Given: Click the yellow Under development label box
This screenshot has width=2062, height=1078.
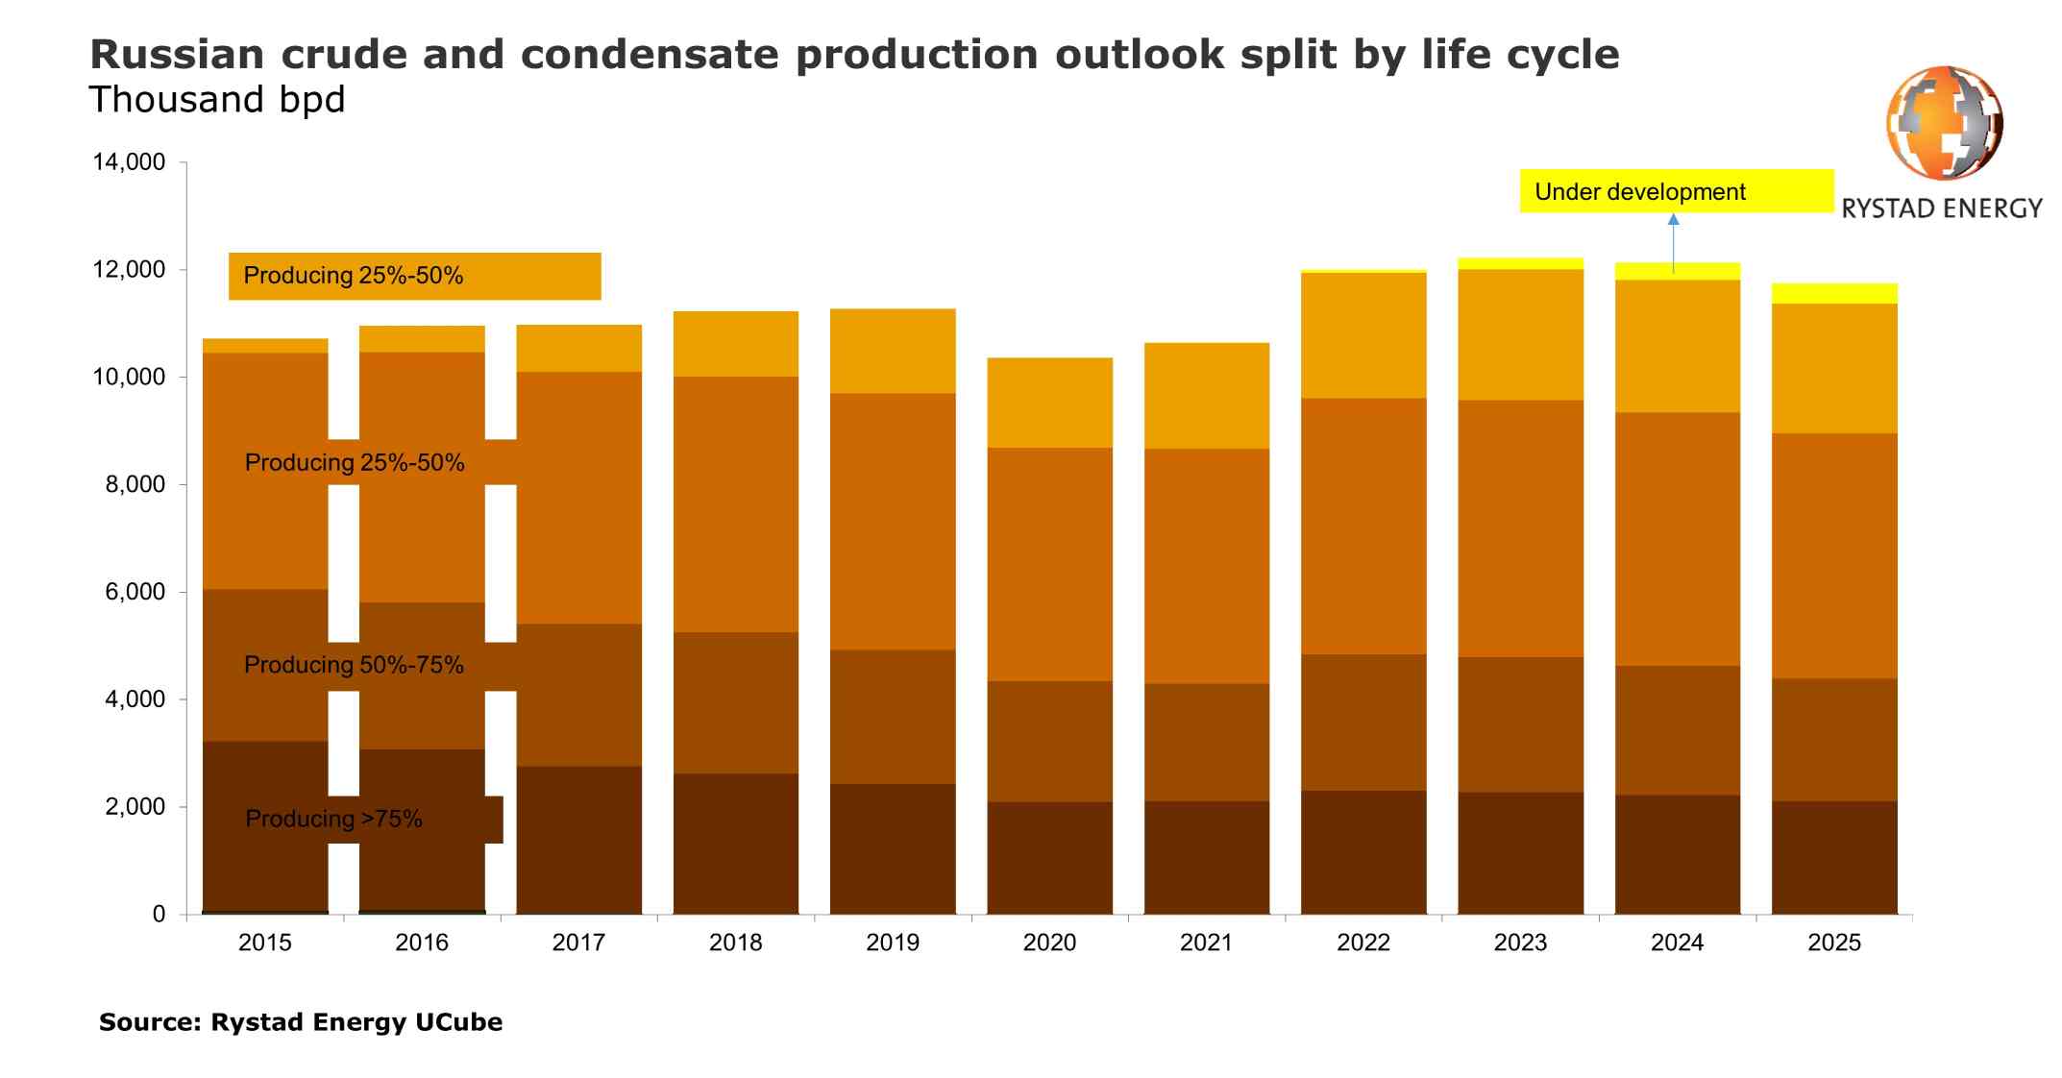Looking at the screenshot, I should point(1675,191).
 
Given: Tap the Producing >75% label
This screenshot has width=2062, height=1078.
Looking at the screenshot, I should point(333,819).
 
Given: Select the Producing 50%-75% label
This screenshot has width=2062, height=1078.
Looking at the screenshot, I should point(354,665).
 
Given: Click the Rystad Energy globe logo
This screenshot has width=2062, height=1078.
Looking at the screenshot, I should point(1944,123).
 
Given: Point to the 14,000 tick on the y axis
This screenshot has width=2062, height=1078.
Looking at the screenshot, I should point(129,162).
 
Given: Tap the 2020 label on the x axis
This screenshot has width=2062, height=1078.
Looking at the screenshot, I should point(1049,943).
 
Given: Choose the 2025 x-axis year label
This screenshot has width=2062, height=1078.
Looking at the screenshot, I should point(1833,943).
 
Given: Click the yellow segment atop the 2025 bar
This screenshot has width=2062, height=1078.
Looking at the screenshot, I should point(1833,293).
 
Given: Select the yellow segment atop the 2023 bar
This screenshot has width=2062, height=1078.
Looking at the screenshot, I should point(1520,263).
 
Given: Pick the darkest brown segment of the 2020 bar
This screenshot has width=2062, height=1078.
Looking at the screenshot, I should point(1049,857).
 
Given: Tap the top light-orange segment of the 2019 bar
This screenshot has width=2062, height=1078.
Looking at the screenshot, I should point(893,351).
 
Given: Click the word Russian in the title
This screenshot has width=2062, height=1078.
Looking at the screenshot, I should point(177,55).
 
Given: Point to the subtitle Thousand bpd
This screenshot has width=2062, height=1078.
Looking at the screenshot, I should point(216,100).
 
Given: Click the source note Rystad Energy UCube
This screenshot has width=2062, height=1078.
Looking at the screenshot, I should point(300,1021).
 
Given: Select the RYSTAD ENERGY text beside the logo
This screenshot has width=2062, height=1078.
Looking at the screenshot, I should point(1941,208).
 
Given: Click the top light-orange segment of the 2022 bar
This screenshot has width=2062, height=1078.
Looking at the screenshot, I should point(1362,335).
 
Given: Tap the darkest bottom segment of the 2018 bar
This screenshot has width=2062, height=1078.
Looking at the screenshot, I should point(735,843).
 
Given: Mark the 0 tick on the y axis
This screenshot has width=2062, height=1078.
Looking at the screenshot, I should point(159,915).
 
